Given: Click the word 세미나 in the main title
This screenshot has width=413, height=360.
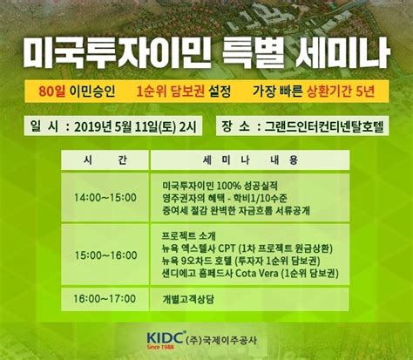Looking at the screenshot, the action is (x=342, y=54).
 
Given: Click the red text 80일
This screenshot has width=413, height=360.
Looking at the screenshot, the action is (x=52, y=92).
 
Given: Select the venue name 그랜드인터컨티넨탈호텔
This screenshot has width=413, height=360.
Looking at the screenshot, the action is (x=324, y=126).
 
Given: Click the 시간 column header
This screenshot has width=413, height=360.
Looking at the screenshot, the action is (x=105, y=160).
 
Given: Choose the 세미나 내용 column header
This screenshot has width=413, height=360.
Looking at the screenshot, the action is (x=250, y=160).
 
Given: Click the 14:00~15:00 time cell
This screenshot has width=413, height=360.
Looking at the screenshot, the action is (x=105, y=198).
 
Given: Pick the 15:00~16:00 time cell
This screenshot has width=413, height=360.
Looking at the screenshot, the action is (x=105, y=255).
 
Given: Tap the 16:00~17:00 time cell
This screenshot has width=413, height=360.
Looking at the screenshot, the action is (x=105, y=299).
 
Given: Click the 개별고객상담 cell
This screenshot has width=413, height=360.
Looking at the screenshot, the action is (x=188, y=299).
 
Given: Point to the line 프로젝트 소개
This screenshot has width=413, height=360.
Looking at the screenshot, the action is (x=189, y=236).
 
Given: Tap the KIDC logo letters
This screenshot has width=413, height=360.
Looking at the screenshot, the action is (x=165, y=338).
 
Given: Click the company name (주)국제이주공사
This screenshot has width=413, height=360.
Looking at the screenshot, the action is (x=221, y=340).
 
